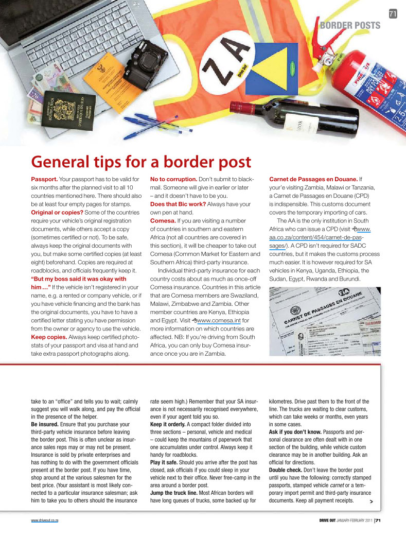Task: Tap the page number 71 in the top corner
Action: click(x=393, y=14)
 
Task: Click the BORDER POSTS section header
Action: click(x=350, y=25)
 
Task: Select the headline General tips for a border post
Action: click(x=141, y=162)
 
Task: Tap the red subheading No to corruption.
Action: click(x=173, y=179)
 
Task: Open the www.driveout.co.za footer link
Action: click(x=45, y=521)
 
